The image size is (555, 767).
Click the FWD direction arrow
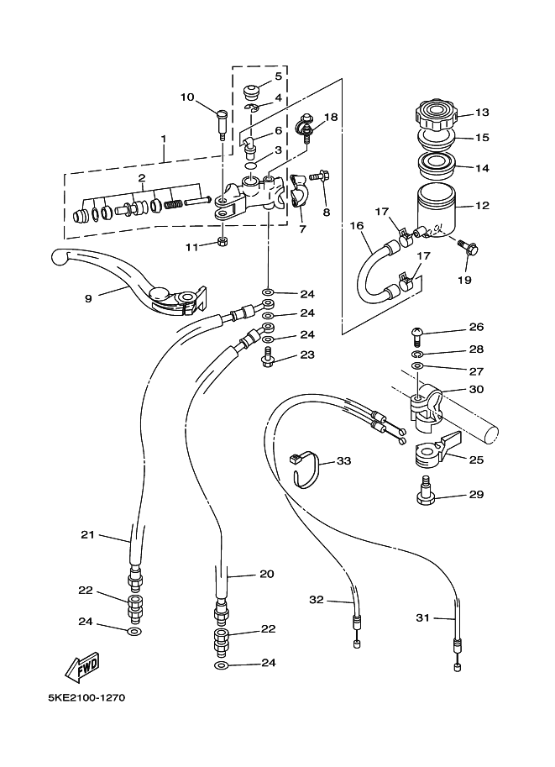tap(82, 667)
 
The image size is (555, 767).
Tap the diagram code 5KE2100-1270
tap(86, 697)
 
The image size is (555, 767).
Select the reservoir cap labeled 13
tap(436, 113)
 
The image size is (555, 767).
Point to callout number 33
tap(344, 460)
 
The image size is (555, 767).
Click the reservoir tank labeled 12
tap(437, 213)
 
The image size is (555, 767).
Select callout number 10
tap(187, 97)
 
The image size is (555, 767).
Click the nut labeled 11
tap(222, 242)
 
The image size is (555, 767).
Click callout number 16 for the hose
tap(358, 225)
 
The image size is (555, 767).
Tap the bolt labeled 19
tap(468, 247)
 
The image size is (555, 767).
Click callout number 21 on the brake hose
tap(87, 534)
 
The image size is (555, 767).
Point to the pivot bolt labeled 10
tap(221, 124)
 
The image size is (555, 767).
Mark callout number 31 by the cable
tap(422, 617)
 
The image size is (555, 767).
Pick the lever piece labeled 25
tap(436, 448)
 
